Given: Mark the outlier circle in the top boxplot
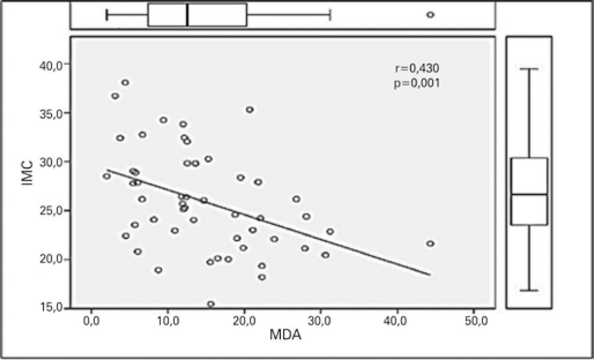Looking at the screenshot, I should click(430, 14).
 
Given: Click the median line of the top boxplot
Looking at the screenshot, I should click(187, 14).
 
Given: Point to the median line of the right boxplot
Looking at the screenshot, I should click(529, 194).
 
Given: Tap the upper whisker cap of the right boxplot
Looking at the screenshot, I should click(529, 68).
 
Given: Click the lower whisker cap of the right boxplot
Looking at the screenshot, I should click(529, 290).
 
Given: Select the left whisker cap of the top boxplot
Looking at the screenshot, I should click(107, 14).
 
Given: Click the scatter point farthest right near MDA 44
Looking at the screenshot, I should click(430, 243).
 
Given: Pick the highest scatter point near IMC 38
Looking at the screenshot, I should click(125, 82).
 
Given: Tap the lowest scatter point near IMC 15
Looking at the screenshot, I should click(211, 304).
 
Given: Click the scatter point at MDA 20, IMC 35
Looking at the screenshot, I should click(249, 110).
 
